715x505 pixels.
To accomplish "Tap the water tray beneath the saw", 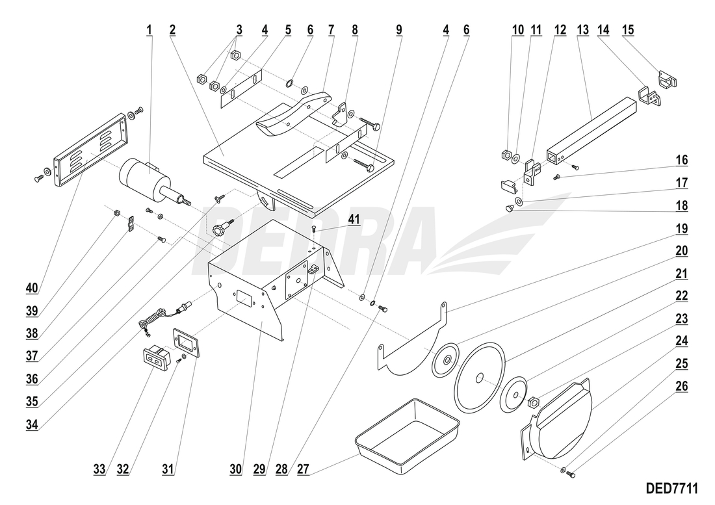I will click(x=407, y=436).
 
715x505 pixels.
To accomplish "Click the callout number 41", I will click(x=353, y=220).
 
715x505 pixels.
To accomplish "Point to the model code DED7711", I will click(x=676, y=487).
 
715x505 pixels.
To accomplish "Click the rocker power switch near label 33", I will click(x=157, y=359).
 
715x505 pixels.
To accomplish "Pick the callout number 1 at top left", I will click(x=149, y=29).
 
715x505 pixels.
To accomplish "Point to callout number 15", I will click(x=628, y=29).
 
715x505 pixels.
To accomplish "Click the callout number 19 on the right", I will click(x=682, y=229).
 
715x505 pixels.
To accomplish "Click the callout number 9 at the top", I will click(x=398, y=29).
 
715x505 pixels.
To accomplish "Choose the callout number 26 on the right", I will click(x=682, y=385).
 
